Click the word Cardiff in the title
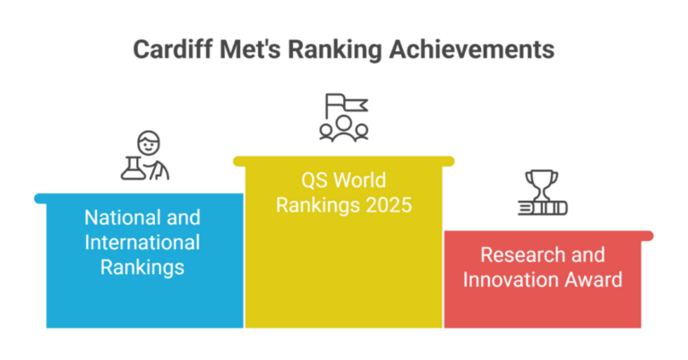pos(171,49)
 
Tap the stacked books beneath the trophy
pos(542,209)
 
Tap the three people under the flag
pos(344,131)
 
